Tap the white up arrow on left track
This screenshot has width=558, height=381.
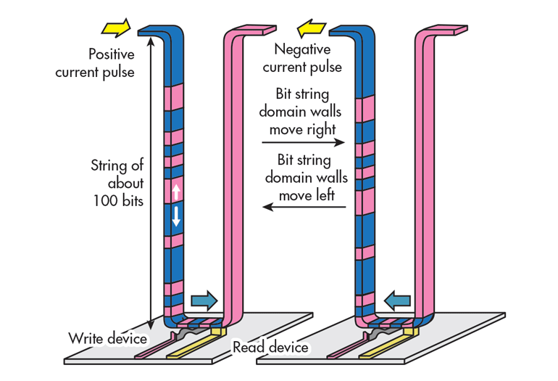click(x=175, y=192)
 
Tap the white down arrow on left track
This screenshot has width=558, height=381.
click(x=175, y=216)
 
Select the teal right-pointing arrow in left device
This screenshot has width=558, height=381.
click(x=203, y=299)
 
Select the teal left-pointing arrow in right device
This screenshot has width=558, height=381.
click(x=398, y=298)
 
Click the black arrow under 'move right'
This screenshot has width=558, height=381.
click(x=304, y=143)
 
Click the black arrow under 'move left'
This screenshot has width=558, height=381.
click(x=304, y=208)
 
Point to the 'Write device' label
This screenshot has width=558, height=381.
click(x=108, y=338)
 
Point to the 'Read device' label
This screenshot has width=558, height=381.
click(x=270, y=348)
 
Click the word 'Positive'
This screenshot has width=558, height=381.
click(x=111, y=54)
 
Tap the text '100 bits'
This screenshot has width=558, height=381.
click(x=118, y=201)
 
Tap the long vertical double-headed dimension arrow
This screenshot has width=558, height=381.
click(x=150, y=181)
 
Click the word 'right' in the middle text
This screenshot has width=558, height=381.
click(x=320, y=129)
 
